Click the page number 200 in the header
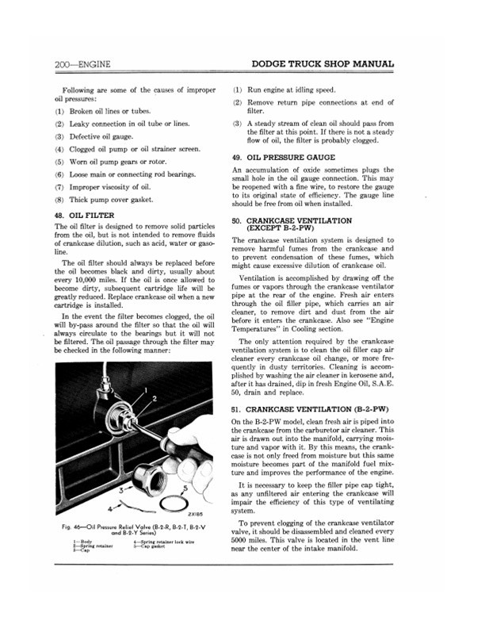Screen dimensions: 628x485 coord(63,63)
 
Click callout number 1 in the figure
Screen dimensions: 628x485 coord(145,389)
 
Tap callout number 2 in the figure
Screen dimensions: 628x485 coord(155,397)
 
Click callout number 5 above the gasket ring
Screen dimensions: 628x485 coord(186,467)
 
